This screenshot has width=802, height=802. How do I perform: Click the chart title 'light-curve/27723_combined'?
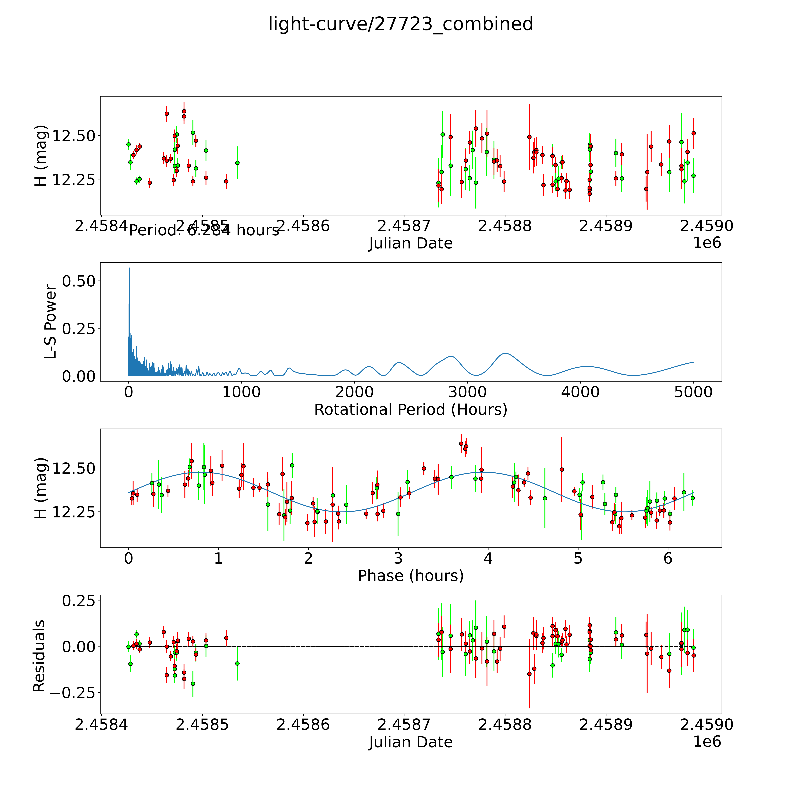click(401, 24)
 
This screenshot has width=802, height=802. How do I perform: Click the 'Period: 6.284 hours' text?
click(204, 230)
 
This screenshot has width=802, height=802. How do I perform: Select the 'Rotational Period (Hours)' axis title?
click(411, 410)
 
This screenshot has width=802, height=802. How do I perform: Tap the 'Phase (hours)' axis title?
click(411, 576)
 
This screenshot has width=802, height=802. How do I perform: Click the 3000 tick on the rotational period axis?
click(467, 392)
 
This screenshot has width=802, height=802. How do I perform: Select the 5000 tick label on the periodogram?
click(693, 392)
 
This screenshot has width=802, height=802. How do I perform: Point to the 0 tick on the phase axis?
click(129, 558)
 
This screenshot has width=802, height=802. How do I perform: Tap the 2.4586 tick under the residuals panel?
click(303, 724)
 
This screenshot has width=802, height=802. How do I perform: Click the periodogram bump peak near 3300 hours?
click(505, 353)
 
